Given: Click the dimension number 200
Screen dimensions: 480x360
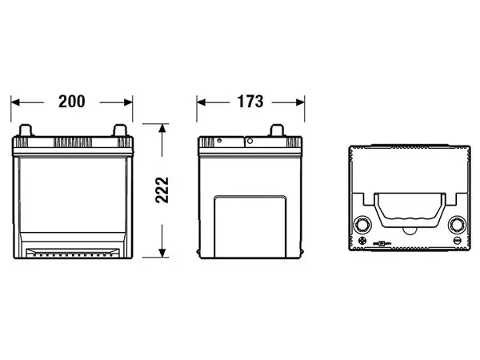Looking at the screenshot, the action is pyautogui.click(x=72, y=102).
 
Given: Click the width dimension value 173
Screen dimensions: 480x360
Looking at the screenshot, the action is pyautogui.click(x=250, y=102).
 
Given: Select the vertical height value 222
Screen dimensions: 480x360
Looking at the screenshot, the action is pyautogui.click(x=162, y=190).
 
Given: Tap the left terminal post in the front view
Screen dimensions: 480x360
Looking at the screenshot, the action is pyautogui.click(x=26, y=130).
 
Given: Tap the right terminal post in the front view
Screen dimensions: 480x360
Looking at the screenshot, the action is pyautogui.click(x=120, y=130).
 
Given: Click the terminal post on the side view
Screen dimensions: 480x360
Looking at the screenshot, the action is pyautogui.click(x=278, y=130).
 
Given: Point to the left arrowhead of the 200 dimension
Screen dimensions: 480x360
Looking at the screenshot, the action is pyautogui.click(x=15, y=102).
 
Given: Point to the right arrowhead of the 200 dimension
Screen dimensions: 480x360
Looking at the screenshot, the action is pyautogui.click(x=128, y=102).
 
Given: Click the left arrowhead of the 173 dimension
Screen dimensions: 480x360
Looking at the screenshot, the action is pyautogui.click(x=201, y=102).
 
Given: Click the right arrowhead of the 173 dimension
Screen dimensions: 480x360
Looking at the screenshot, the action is pyautogui.click(x=300, y=102).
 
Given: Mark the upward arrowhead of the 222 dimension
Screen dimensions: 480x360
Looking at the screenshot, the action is pyautogui.click(x=162, y=128).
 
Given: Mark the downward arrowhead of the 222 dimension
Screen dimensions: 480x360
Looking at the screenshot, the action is pyautogui.click(x=162, y=253).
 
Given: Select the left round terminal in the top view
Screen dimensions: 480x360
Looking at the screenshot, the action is pyautogui.click(x=362, y=225).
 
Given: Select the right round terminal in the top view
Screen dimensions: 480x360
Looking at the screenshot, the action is pyautogui.click(x=458, y=225).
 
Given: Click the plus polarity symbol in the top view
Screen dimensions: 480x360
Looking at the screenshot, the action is pyautogui.click(x=362, y=240).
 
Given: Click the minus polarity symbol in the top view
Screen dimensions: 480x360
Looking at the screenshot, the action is pyautogui.click(x=457, y=240).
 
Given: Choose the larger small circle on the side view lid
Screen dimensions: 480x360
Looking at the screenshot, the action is pyautogui.click(x=250, y=141).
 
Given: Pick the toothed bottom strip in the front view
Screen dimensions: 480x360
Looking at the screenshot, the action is pyautogui.click(x=73, y=253).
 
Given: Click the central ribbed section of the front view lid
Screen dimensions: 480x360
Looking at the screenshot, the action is pyautogui.click(x=73, y=142).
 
